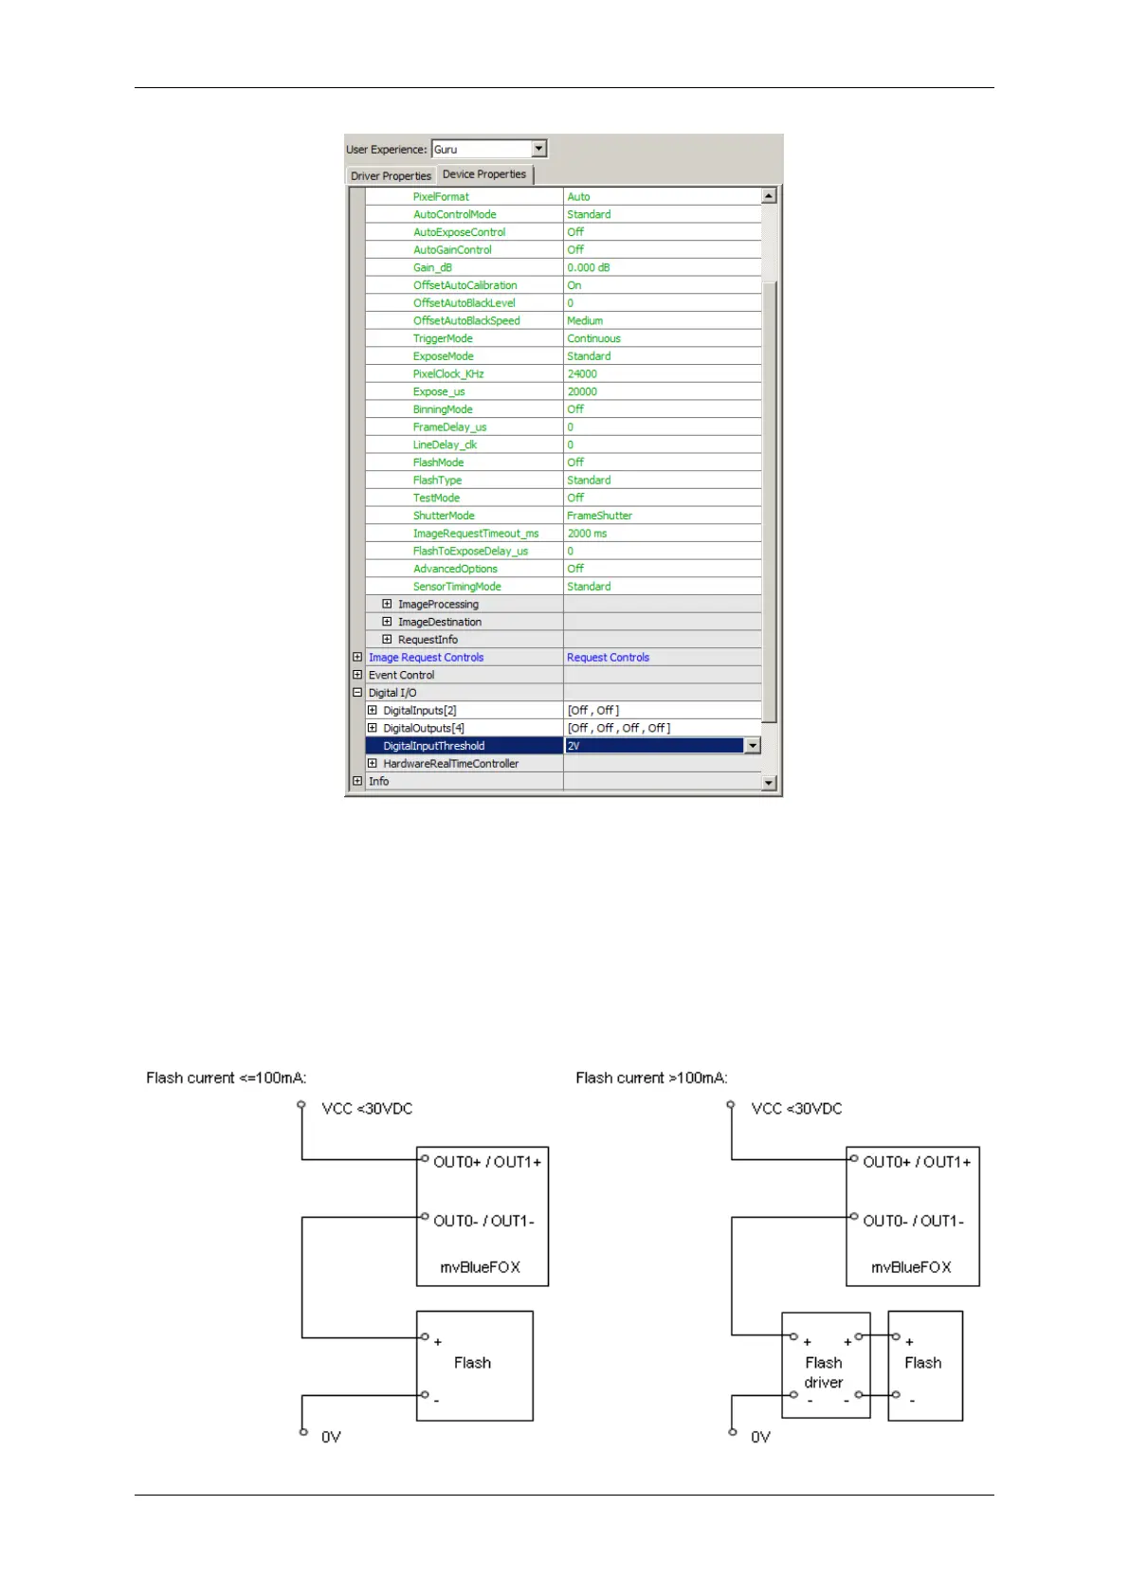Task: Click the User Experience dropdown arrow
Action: tap(539, 149)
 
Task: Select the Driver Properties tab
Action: tap(391, 175)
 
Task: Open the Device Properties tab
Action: tap(483, 174)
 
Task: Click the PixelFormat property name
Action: tap(441, 197)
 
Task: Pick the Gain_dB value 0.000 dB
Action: tap(589, 268)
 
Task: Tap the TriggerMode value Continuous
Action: tap(593, 338)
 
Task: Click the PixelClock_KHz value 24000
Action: tap(582, 374)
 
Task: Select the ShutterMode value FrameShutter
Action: tap(599, 516)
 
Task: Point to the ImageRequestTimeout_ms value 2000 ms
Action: tap(587, 534)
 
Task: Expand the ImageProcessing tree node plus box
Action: tap(387, 604)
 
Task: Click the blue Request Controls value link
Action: tap(608, 658)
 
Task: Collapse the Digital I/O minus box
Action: tap(357, 693)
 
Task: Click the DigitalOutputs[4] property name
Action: tap(424, 729)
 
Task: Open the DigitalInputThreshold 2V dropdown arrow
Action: tap(753, 746)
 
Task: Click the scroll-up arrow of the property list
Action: tap(769, 196)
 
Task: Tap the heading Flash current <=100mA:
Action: tap(227, 1078)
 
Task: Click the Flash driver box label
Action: tap(824, 1372)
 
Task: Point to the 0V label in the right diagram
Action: tap(760, 1437)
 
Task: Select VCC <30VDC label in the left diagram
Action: tap(367, 1109)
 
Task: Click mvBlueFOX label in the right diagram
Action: tap(911, 1267)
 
